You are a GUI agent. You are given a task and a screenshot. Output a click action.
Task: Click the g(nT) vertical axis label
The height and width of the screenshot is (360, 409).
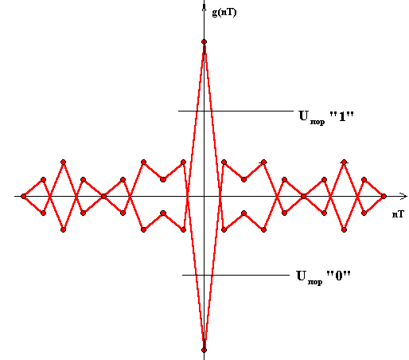click(224, 13)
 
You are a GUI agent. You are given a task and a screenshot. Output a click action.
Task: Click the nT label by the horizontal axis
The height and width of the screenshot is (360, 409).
click(398, 214)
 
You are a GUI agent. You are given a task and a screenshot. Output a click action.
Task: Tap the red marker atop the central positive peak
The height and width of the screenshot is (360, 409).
click(204, 41)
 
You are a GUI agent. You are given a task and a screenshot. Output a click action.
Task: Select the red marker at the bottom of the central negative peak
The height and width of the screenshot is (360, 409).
click(204, 350)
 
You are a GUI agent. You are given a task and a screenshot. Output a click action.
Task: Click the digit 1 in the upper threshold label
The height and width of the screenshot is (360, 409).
click(342, 116)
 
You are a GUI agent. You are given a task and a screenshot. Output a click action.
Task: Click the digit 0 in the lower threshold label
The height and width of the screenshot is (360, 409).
click(339, 276)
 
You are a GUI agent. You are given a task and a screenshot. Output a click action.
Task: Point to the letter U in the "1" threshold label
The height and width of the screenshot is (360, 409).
click(304, 115)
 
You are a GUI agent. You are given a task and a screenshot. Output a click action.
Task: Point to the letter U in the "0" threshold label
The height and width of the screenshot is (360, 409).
click(302, 276)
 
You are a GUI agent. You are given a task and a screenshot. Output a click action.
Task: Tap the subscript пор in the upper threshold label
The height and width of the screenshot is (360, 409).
click(317, 122)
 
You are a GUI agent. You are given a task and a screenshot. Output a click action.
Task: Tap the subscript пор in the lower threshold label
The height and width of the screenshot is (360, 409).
click(315, 282)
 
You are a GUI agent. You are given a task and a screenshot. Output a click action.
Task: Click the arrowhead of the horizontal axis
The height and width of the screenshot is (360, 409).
click(403, 197)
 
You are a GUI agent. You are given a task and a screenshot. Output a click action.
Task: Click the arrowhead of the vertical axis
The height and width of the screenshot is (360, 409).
click(204, 6)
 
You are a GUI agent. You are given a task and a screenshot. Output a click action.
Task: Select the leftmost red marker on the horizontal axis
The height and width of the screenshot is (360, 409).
click(24, 197)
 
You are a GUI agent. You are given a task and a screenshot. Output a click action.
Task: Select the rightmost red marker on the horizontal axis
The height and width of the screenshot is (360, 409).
click(384, 197)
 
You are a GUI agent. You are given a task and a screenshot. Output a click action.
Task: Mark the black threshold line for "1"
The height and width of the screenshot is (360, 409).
click(236, 111)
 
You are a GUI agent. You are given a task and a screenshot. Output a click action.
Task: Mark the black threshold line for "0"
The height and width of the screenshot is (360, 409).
click(236, 275)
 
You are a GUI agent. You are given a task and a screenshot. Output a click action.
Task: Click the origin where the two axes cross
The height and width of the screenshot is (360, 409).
click(204, 197)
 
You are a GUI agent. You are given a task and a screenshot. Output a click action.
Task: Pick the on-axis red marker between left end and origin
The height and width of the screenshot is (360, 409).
click(103, 197)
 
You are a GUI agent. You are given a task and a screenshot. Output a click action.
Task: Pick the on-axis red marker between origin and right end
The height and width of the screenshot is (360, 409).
click(304, 197)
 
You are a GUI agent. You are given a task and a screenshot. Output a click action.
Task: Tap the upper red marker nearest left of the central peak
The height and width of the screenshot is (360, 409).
click(183, 162)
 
